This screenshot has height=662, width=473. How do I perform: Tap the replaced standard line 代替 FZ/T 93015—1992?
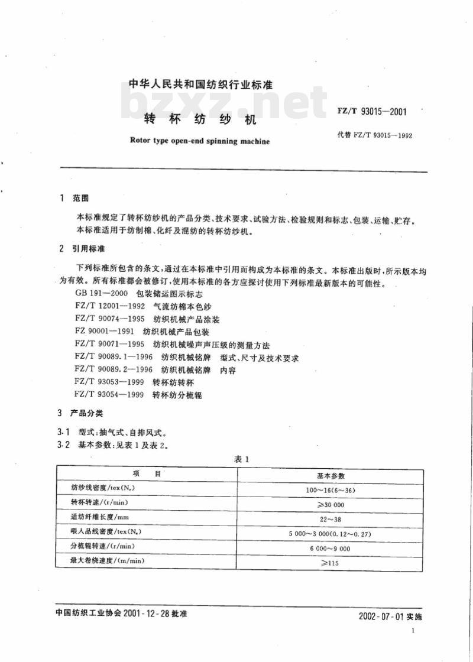coord(374,135)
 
